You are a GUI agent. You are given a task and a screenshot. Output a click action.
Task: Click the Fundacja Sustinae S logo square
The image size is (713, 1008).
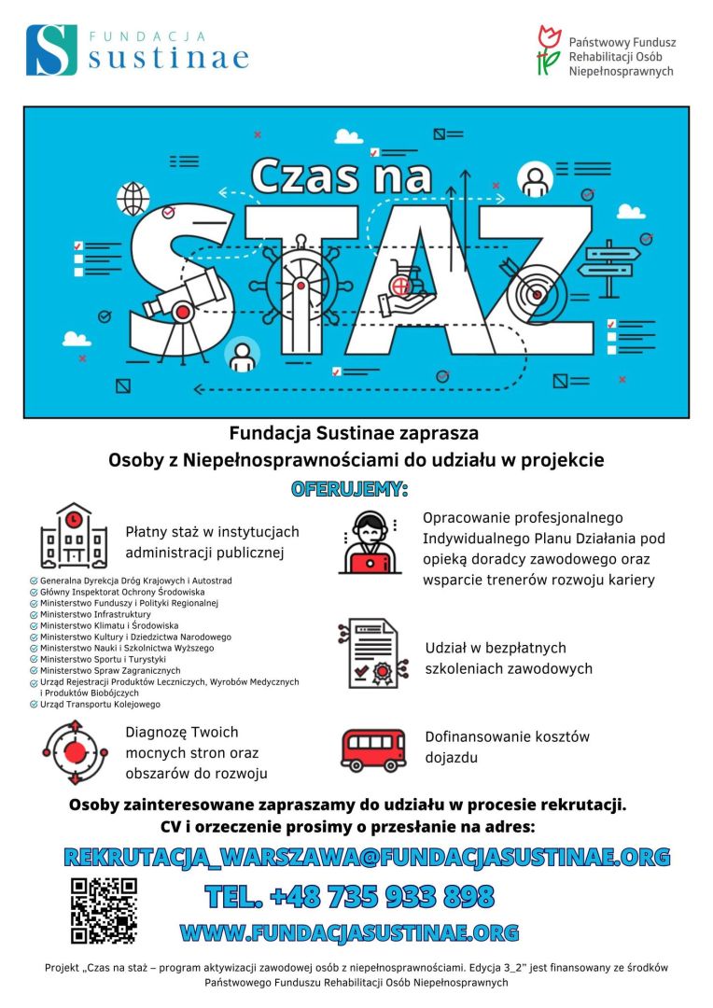click(x=51, y=49)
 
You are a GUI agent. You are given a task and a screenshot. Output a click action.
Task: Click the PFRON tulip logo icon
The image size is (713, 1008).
click(x=548, y=50)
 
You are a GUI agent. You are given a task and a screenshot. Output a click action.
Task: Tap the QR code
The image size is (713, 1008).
click(x=104, y=910)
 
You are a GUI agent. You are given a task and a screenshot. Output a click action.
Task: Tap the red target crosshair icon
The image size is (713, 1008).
click(x=74, y=752)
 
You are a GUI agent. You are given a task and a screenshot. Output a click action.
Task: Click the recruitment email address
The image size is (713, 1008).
click(x=367, y=857)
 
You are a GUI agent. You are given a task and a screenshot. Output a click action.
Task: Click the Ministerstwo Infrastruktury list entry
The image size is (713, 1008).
click(x=95, y=615)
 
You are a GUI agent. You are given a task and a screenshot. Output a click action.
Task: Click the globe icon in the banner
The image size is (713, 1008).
click(x=133, y=198)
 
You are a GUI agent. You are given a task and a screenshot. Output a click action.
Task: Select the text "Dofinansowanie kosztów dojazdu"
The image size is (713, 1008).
click(x=507, y=747)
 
